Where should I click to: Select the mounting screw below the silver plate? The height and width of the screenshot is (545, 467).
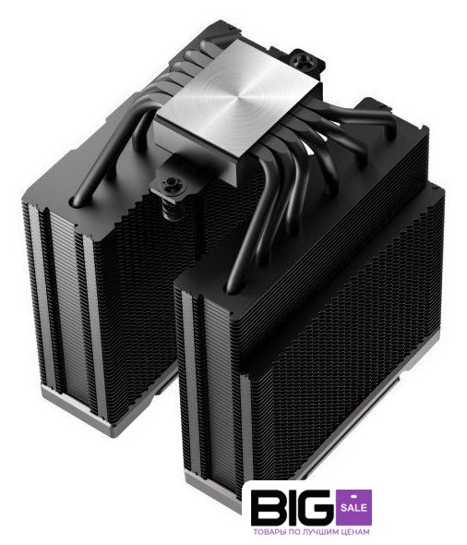[x=170, y=183]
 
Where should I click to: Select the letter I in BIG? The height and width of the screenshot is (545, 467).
[x=291, y=507]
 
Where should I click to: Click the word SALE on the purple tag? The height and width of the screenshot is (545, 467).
[x=353, y=508]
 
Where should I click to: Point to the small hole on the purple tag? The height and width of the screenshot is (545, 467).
[x=353, y=495]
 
